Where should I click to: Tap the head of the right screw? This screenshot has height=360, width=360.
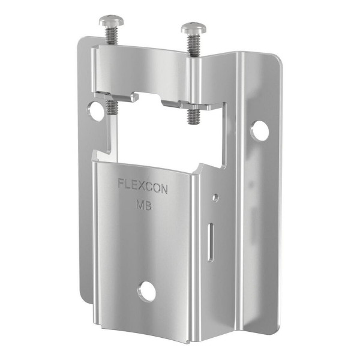193,28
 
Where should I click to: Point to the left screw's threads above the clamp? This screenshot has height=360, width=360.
113,37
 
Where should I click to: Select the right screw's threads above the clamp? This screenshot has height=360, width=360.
194,44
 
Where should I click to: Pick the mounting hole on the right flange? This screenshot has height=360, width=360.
260,130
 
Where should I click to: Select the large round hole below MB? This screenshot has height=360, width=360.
147,292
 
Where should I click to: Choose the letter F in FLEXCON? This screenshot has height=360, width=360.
121,184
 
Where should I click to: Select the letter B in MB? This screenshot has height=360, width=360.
148,205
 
